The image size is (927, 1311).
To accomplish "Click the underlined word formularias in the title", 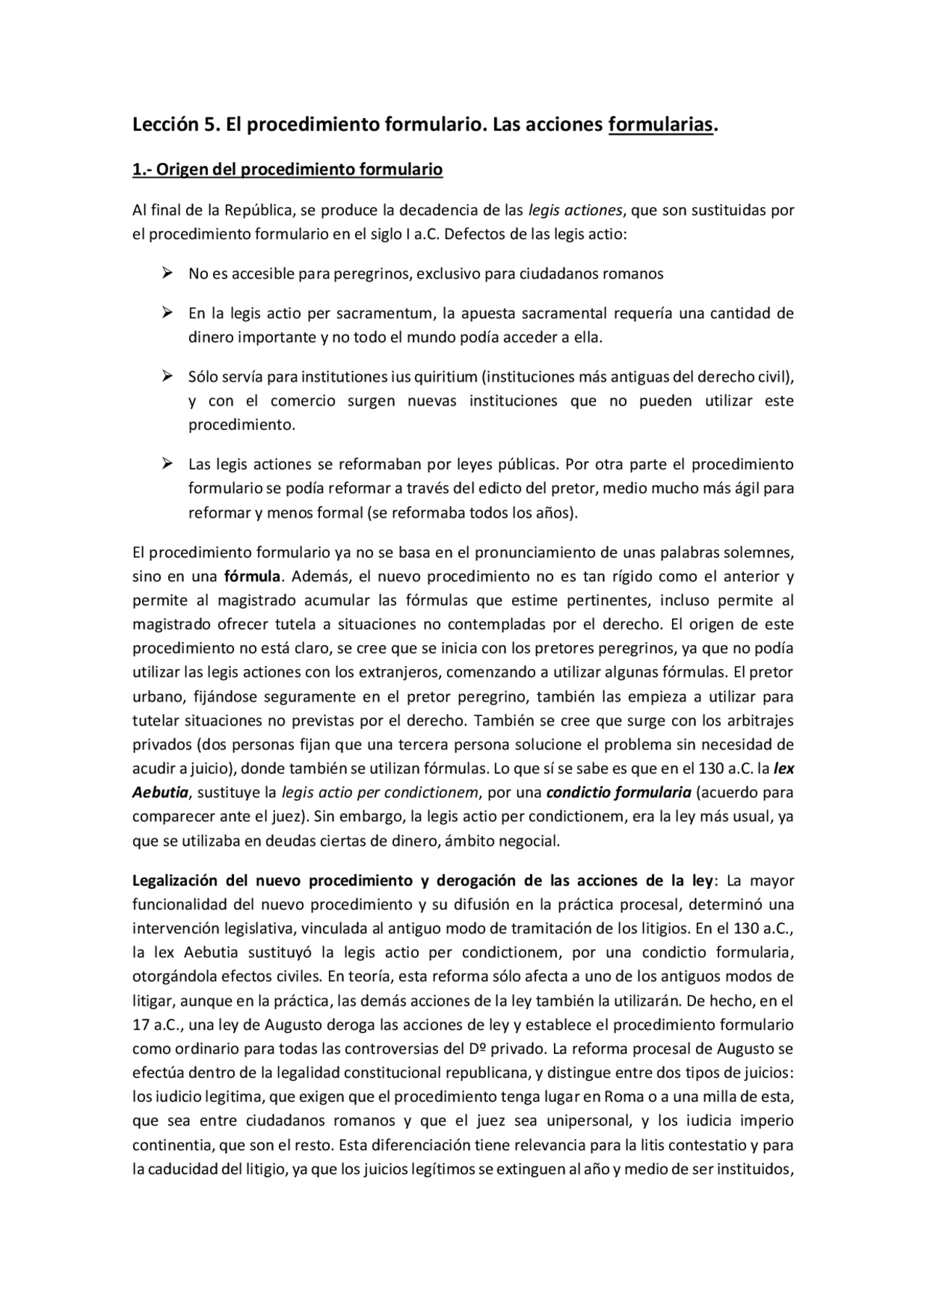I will (x=660, y=125).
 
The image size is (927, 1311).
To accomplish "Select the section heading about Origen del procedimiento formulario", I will (x=288, y=169).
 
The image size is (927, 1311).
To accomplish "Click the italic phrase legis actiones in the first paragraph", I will (x=575, y=211).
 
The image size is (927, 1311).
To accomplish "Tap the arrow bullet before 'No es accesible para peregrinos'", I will (x=167, y=273).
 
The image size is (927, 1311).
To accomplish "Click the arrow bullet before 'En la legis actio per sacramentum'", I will (x=167, y=313).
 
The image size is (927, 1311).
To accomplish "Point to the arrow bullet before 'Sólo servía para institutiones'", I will (x=167, y=376).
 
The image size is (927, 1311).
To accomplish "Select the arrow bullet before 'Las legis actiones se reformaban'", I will (x=167, y=463).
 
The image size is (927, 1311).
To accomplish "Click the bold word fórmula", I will (x=252, y=577).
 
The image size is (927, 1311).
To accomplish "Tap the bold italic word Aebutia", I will (x=160, y=793).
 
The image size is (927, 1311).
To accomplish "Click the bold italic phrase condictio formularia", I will (x=618, y=793).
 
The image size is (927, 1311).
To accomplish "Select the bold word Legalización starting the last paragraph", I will (x=175, y=881).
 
